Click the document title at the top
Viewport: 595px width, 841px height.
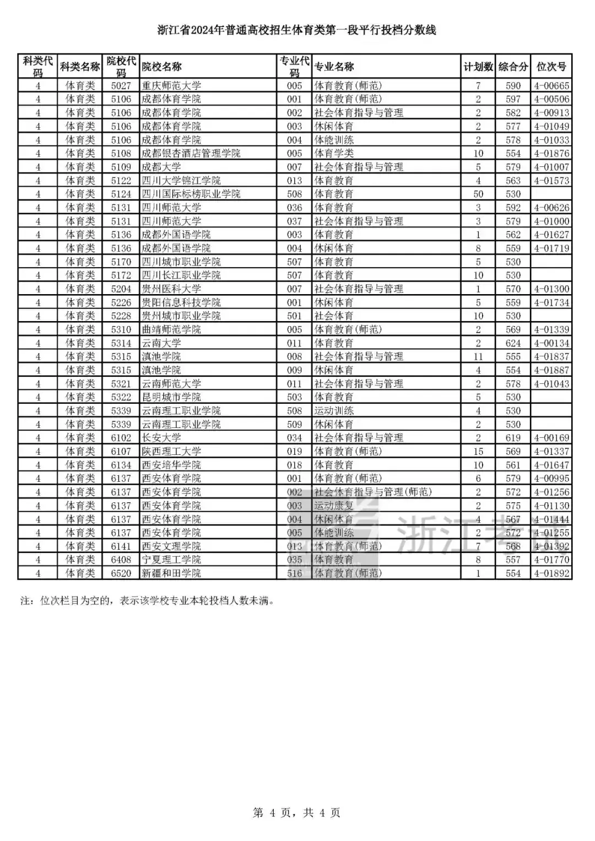297,30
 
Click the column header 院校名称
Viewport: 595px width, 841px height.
161,67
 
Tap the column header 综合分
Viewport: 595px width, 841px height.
513,67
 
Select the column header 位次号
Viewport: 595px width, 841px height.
551,67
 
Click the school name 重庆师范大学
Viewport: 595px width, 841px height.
171,86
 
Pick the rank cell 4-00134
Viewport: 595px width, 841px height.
551,343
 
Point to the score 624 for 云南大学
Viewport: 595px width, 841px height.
513,343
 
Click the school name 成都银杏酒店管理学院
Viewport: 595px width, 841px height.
191,154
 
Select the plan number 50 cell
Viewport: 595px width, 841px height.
478,194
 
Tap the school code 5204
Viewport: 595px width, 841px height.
121,289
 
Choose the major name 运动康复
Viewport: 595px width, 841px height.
334,506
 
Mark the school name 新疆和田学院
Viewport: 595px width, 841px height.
171,573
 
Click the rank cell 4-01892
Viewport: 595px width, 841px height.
551,573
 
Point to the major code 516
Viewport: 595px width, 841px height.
295,573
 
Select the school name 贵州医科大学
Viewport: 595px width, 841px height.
171,289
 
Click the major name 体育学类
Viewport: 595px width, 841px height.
334,154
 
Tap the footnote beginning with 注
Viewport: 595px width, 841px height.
147,601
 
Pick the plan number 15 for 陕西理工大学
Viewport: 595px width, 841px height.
478,452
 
